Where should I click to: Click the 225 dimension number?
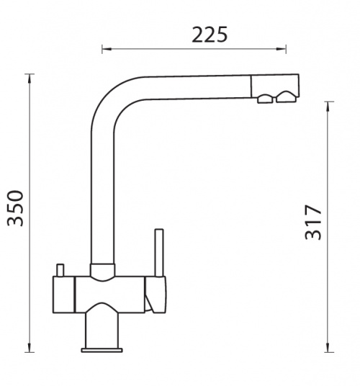coord(210,35)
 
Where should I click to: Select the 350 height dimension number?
coord(15,208)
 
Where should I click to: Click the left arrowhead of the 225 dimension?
coord(107,49)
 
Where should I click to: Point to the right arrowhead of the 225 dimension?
coord(282,49)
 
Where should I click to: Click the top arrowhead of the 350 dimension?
coord(30,78)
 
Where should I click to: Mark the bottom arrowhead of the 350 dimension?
coord(30,348)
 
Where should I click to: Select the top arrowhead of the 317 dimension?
coord(328,106)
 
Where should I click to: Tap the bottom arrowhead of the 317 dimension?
coord(328,348)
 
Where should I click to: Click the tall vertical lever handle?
coord(159,253)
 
